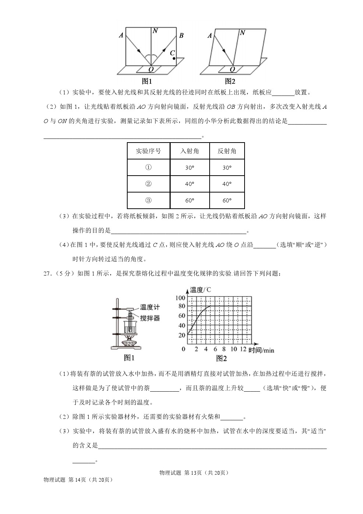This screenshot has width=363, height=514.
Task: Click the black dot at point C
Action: (174, 58)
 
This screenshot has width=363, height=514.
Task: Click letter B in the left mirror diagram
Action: (181, 36)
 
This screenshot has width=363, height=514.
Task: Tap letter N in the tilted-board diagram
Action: (242, 33)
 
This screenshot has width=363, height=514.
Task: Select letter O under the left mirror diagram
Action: (151, 69)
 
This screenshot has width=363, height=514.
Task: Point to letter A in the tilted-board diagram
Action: (210, 36)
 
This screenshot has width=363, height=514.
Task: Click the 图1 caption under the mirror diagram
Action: (147, 81)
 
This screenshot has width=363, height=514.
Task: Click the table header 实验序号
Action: (148, 151)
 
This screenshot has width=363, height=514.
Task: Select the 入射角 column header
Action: (189, 151)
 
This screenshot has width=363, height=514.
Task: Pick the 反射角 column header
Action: (227, 151)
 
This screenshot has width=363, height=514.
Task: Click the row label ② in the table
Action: (148, 184)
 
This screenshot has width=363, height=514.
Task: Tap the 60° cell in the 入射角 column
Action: (189, 201)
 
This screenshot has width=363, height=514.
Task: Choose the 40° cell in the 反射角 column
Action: (227, 184)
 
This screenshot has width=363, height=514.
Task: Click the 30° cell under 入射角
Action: (189, 168)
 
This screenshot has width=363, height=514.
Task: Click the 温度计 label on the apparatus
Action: (150, 307)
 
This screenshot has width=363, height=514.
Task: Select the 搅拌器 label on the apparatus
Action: (150, 318)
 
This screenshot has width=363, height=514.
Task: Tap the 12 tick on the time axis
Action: (243, 349)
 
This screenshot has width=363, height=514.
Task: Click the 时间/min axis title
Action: (261, 350)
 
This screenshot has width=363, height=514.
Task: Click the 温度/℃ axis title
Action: (200, 290)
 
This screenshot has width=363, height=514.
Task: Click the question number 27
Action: (47, 273)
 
